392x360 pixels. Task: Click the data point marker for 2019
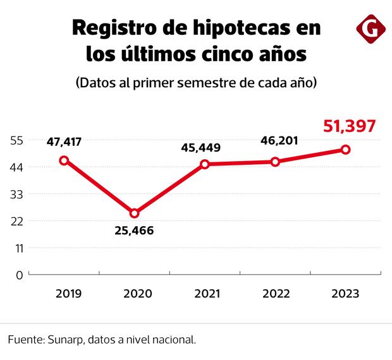coord(63,160)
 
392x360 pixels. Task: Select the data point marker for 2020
coord(134,213)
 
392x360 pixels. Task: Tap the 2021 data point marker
coord(205,164)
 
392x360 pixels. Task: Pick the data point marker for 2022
coord(275,162)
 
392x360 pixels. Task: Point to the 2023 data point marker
coord(346,150)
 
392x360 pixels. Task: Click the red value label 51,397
coord(350,126)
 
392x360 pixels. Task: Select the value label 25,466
coord(134,231)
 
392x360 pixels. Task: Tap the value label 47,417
coord(64,141)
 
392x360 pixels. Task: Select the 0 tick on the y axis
coord(19,275)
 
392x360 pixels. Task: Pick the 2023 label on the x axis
coord(345,294)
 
